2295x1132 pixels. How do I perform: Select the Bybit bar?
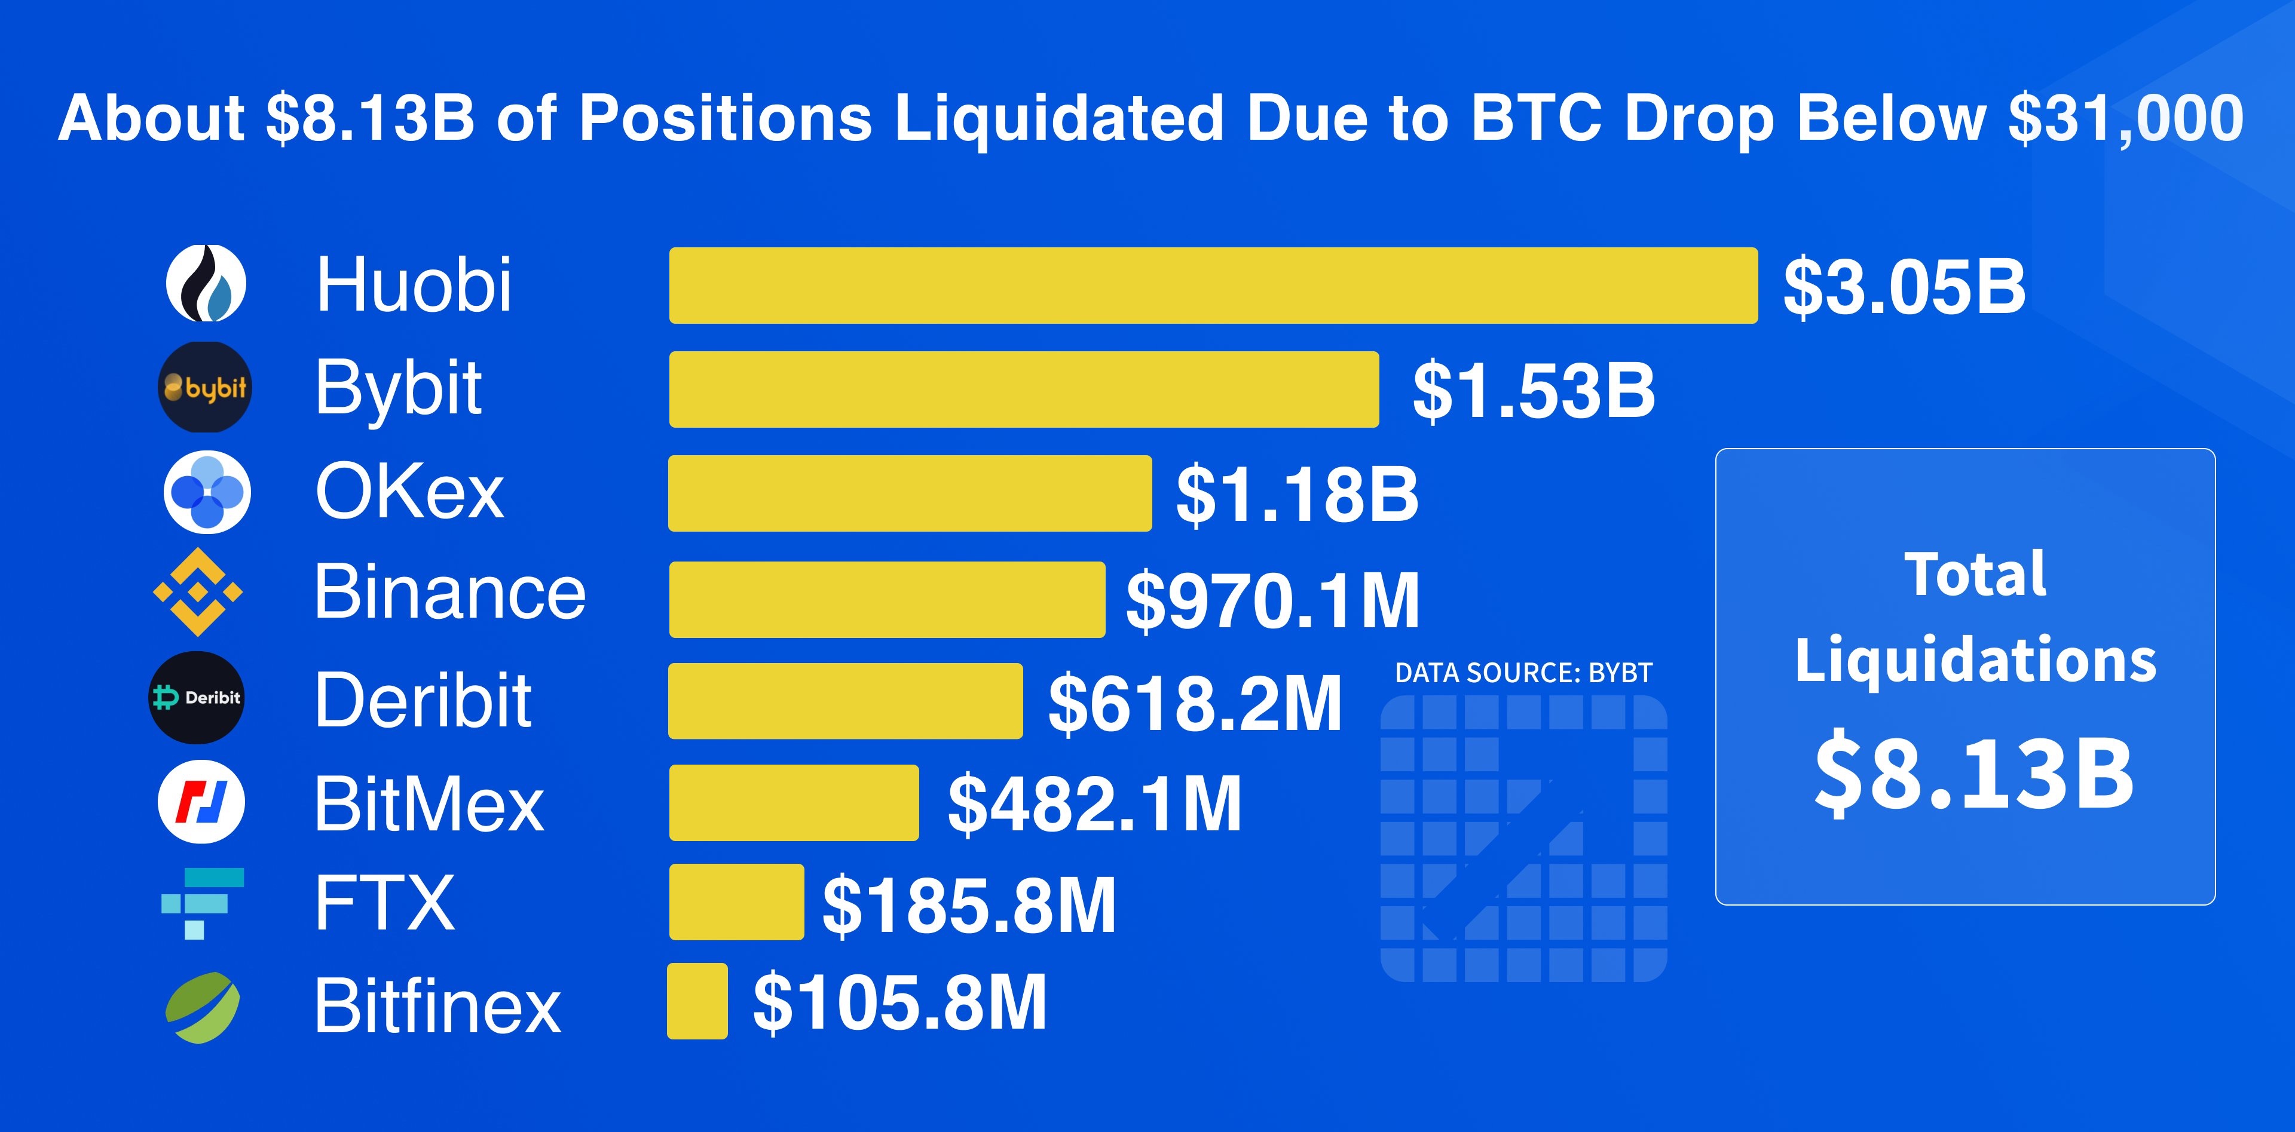(1024, 389)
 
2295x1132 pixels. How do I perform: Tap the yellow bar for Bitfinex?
(697, 1001)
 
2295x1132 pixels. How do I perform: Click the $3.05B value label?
(1904, 287)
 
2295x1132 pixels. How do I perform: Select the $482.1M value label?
(1094, 804)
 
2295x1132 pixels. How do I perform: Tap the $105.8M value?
(900, 1003)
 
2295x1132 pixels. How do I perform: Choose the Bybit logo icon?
(206, 388)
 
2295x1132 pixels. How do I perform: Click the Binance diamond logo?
(198, 591)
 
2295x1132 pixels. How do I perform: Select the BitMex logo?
(201, 800)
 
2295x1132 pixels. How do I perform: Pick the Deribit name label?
(423, 700)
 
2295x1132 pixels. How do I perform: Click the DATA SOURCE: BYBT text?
(1523, 673)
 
